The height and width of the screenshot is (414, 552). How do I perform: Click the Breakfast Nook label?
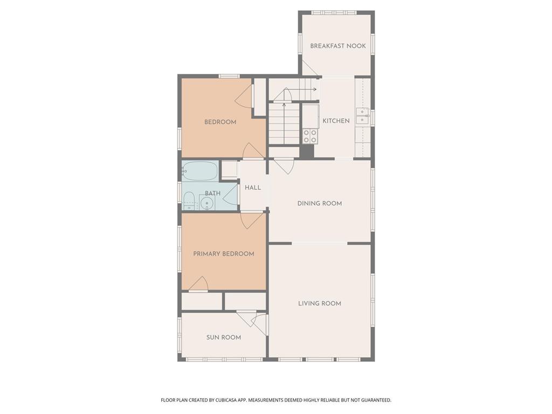[x=337, y=46]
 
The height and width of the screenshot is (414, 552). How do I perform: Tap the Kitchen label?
[x=336, y=121]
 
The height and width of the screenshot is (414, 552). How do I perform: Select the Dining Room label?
[x=319, y=203]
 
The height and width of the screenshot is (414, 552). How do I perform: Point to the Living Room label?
[x=319, y=303]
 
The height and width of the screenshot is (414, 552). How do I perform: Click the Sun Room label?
[x=224, y=337]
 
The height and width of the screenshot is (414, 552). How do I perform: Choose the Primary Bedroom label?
[x=224, y=253]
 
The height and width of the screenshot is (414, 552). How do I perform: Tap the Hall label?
[x=253, y=187]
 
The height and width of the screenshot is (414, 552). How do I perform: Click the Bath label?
[x=212, y=193]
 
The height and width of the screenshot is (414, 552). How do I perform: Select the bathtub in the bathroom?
[x=199, y=171]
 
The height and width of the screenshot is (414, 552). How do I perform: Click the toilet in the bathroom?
[x=189, y=201]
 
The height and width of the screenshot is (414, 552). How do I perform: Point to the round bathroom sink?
[x=208, y=203]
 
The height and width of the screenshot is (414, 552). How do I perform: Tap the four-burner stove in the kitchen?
[x=310, y=136]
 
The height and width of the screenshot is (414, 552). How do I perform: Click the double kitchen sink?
[x=362, y=116]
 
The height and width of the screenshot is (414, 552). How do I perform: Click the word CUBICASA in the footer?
[x=230, y=400]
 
